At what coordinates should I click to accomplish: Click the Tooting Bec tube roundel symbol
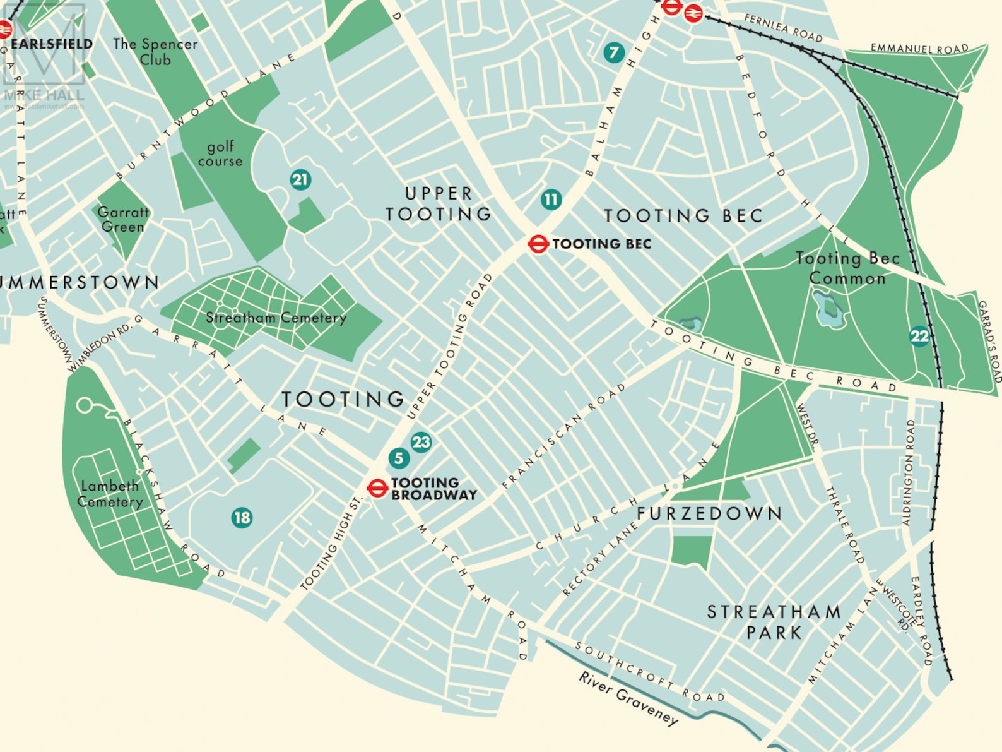click(538, 244)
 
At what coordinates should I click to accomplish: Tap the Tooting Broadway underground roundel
click(377, 488)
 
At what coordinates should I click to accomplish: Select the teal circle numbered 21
click(300, 180)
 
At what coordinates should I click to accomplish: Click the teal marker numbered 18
click(242, 518)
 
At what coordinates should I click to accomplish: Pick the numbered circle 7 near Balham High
click(613, 52)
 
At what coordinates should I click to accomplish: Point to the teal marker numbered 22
click(919, 336)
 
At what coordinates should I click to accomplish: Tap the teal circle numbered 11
click(551, 200)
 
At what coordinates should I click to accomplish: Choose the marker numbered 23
click(421, 442)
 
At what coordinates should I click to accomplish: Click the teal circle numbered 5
click(398, 458)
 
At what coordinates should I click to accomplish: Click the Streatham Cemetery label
click(276, 318)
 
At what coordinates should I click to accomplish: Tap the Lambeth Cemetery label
click(110, 494)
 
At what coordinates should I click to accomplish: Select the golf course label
click(220, 153)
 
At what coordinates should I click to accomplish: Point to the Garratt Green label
click(123, 219)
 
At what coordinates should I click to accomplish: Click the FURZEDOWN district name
click(709, 513)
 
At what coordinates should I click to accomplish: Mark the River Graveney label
click(628, 698)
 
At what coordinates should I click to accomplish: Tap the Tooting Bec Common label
click(847, 268)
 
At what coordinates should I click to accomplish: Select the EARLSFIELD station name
click(52, 44)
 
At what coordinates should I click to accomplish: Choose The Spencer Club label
click(155, 52)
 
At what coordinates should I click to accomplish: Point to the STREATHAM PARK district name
click(774, 621)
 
